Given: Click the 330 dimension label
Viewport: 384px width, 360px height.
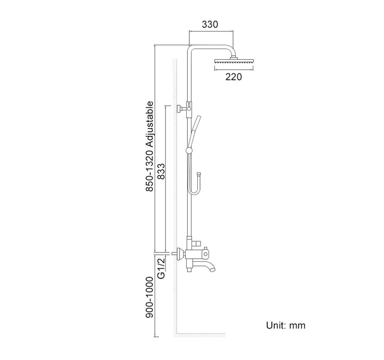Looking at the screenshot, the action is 210,25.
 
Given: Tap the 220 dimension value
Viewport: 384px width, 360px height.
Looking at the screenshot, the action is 234,77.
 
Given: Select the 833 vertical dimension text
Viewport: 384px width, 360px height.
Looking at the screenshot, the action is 162,171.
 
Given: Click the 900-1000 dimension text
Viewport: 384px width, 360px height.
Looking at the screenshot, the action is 149,297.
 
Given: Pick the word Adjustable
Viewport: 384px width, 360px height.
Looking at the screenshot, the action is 149,124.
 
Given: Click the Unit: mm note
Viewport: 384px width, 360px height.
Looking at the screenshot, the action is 286,325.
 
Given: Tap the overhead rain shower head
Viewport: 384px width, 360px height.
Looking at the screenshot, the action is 234,61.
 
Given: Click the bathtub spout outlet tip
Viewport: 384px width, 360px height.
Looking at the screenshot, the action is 213,269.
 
